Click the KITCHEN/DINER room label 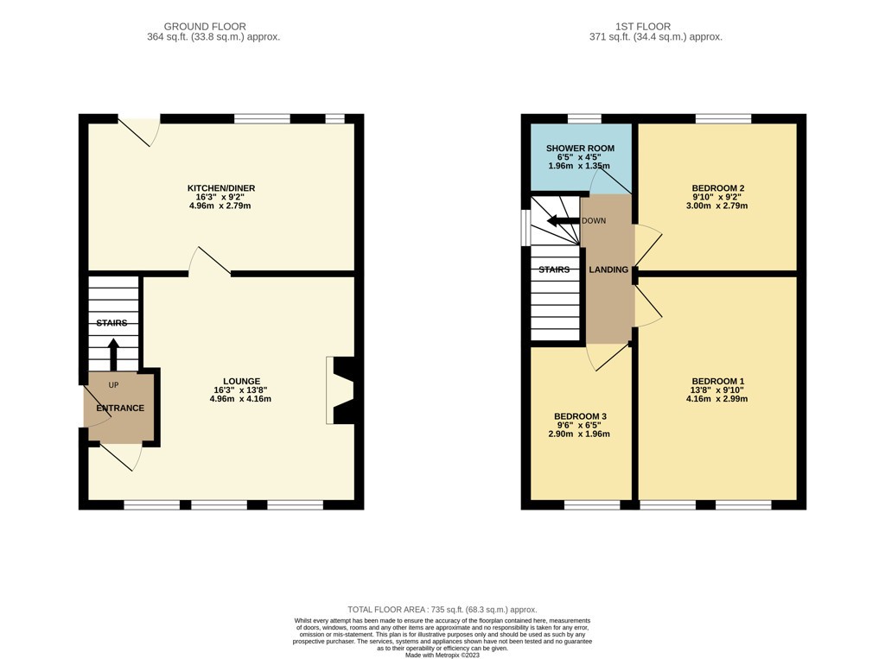tap(221, 188)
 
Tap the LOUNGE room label tap(241, 382)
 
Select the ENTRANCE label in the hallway tap(120, 408)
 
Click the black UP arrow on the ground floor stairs tap(113, 353)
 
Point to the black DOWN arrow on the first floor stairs tap(563, 220)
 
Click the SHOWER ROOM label tap(580, 149)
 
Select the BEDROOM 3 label tap(580, 416)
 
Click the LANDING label tap(608, 269)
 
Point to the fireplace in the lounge tap(341, 390)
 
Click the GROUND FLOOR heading tap(205, 27)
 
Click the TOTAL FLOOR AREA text tap(442, 610)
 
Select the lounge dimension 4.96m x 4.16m tap(240, 399)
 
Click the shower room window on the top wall tap(584, 118)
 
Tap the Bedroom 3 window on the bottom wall tap(592, 504)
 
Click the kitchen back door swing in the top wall tap(139, 131)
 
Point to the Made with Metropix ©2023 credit tap(442, 655)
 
